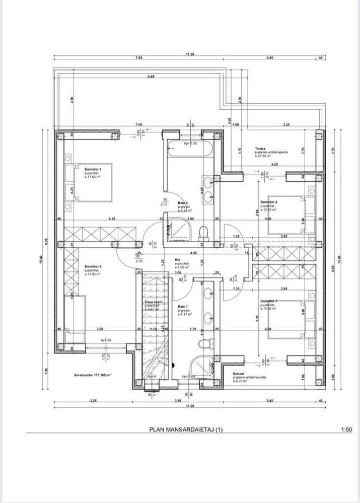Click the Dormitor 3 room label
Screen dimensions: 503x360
click(x=93, y=170)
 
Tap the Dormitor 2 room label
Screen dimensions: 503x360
click(x=93, y=266)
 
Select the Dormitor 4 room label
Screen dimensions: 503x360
click(x=269, y=202)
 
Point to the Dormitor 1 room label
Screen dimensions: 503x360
click(x=269, y=301)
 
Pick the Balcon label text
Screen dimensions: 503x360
click(x=238, y=374)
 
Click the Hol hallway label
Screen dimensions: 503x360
click(x=178, y=260)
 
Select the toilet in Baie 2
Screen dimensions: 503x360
click(x=204, y=232)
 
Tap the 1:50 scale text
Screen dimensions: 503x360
click(x=346, y=429)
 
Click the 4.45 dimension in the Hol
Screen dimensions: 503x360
click(x=193, y=253)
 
